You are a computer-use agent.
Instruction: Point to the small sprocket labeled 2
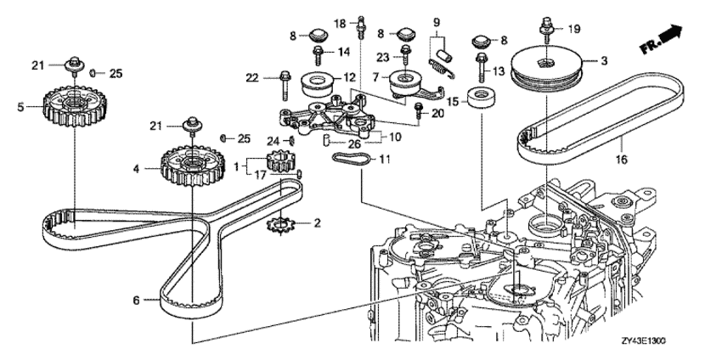(279, 225)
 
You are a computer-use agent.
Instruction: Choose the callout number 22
(253, 79)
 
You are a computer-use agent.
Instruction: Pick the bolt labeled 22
(282, 86)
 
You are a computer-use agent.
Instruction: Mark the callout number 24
(274, 140)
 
